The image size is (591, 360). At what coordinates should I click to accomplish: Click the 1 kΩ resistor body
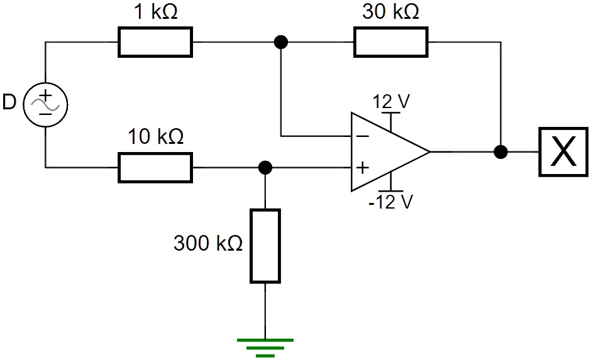pyautogui.click(x=155, y=42)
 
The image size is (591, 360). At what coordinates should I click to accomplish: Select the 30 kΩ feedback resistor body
pyautogui.click(x=390, y=42)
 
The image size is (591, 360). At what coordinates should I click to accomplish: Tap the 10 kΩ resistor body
pyautogui.click(x=155, y=168)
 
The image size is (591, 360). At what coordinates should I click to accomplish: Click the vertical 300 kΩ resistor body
pyautogui.click(x=265, y=246)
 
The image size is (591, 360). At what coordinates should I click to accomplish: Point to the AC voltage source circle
pyautogui.click(x=46, y=104)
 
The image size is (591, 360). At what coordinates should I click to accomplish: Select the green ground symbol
pyautogui.click(x=265, y=347)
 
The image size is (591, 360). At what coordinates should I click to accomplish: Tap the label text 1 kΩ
pyautogui.click(x=155, y=12)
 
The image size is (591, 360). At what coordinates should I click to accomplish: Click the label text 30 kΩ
pyautogui.click(x=390, y=12)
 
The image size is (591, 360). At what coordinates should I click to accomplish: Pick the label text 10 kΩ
pyautogui.click(x=155, y=136)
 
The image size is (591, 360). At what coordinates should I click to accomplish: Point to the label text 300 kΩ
pyautogui.click(x=208, y=243)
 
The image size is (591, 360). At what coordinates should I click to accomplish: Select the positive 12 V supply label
pyautogui.click(x=391, y=101)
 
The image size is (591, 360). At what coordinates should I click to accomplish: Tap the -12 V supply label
pyautogui.click(x=391, y=202)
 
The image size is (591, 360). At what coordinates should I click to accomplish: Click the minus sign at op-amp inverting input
pyautogui.click(x=363, y=135)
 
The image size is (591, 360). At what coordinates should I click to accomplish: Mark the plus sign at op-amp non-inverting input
pyautogui.click(x=363, y=168)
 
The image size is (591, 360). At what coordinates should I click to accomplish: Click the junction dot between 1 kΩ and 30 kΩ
pyautogui.click(x=281, y=42)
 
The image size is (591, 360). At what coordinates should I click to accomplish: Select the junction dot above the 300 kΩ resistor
pyautogui.click(x=265, y=168)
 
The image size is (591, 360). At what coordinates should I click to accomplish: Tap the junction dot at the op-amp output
pyautogui.click(x=501, y=152)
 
